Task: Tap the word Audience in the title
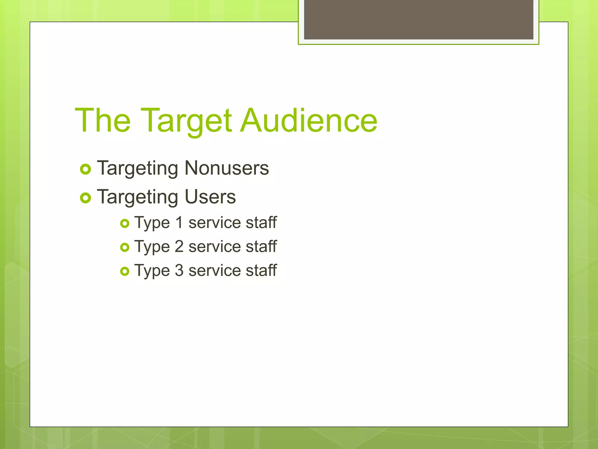pos(309,120)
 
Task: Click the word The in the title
pos(103,120)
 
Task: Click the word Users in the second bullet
pos(210,197)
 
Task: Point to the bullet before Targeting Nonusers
pos(86,169)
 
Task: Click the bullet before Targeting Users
pos(86,198)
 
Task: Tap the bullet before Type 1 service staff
pos(125,224)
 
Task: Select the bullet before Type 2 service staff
pos(125,248)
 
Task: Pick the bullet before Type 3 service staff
pos(125,272)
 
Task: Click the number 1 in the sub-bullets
pos(179,222)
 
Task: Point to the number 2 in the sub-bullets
pos(179,246)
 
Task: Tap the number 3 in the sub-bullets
pos(179,270)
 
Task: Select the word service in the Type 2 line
pos(214,247)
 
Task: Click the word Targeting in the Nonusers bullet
pos(138,169)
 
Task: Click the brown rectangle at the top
pos(418,19)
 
